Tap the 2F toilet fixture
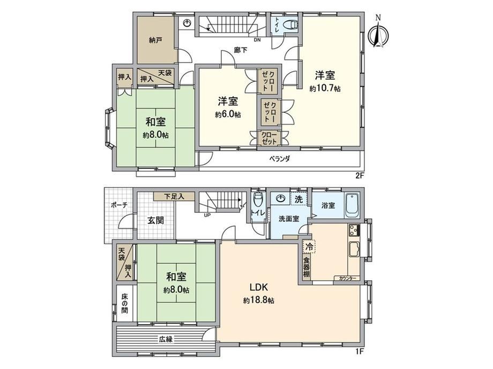click(x=291, y=24)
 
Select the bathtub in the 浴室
click(x=352, y=206)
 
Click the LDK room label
click(x=258, y=287)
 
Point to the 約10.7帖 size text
click(x=325, y=89)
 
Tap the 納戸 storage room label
click(x=155, y=41)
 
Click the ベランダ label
click(x=279, y=159)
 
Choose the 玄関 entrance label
click(x=155, y=220)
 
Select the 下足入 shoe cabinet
click(x=174, y=197)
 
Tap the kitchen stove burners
click(x=353, y=230)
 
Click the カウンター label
click(x=347, y=278)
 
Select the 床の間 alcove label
click(x=125, y=304)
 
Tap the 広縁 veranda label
click(x=166, y=339)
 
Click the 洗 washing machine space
click(x=298, y=199)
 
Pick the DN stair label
click(x=257, y=40)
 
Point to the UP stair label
click(x=207, y=215)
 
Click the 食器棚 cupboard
click(x=307, y=267)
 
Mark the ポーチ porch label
click(x=119, y=205)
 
